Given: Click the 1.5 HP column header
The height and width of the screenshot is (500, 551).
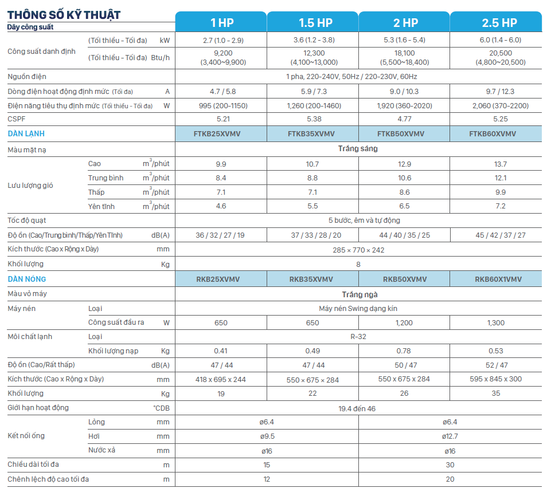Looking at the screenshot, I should [312, 22].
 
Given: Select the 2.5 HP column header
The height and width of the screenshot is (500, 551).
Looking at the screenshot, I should [496, 22].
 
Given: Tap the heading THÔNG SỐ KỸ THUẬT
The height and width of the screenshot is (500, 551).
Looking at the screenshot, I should [64, 14].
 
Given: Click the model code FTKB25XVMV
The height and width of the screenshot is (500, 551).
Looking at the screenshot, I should [221, 133].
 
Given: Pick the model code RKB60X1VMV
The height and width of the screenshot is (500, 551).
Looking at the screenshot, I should [496, 279].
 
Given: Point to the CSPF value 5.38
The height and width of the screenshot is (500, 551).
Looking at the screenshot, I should [312, 119].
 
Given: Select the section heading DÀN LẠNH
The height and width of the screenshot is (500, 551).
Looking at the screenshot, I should [26, 133].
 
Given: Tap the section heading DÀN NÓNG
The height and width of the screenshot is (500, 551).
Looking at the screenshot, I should [27, 279].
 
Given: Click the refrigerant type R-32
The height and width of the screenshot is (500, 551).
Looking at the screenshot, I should [358, 337].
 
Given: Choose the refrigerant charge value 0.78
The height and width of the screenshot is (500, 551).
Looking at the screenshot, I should [404, 351].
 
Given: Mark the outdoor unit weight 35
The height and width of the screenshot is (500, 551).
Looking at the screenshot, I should [496, 393].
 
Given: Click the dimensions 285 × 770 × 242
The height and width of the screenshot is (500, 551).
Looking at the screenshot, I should [358, 250].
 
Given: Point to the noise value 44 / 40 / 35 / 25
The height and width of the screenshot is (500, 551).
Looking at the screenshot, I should [404, 235].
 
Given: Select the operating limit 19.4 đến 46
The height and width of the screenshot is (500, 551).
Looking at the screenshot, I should [358, 408].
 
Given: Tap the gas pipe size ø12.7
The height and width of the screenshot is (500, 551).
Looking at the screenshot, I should [450, 436].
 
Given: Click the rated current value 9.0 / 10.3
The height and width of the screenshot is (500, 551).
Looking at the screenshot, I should [404, 91].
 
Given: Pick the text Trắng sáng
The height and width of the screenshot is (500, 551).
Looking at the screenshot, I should [358, 148].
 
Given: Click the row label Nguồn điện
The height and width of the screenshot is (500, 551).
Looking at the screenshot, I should [27, 77].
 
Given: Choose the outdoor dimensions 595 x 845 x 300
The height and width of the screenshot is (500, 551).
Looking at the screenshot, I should [496, 379].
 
